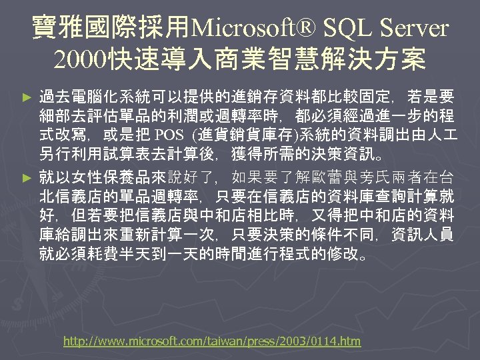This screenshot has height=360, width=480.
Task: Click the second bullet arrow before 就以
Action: coord(27,179)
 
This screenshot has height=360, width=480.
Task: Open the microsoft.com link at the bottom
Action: coord(211,341)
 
